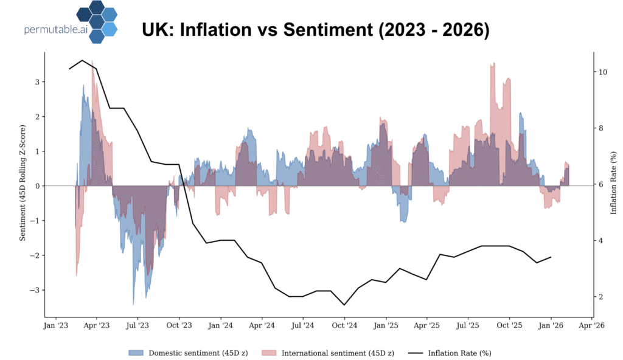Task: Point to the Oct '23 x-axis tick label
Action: click(x=179, y=325)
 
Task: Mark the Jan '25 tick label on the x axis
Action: click(x=385, y=325)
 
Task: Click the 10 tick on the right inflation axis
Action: click(x=603, y=72)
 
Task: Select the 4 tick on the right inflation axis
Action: click(x=601, y=241)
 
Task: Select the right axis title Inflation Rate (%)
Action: click(x=613, y=185)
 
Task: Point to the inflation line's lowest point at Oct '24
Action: click(x=344, y=305)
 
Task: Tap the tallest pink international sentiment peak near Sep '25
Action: click(x=493, y=64)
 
